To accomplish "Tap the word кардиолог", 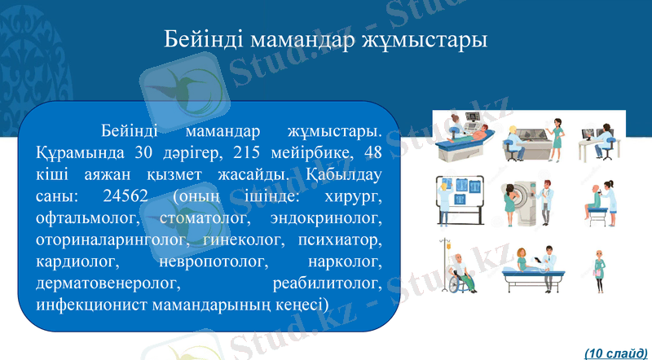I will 78,262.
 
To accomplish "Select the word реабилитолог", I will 327,284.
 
